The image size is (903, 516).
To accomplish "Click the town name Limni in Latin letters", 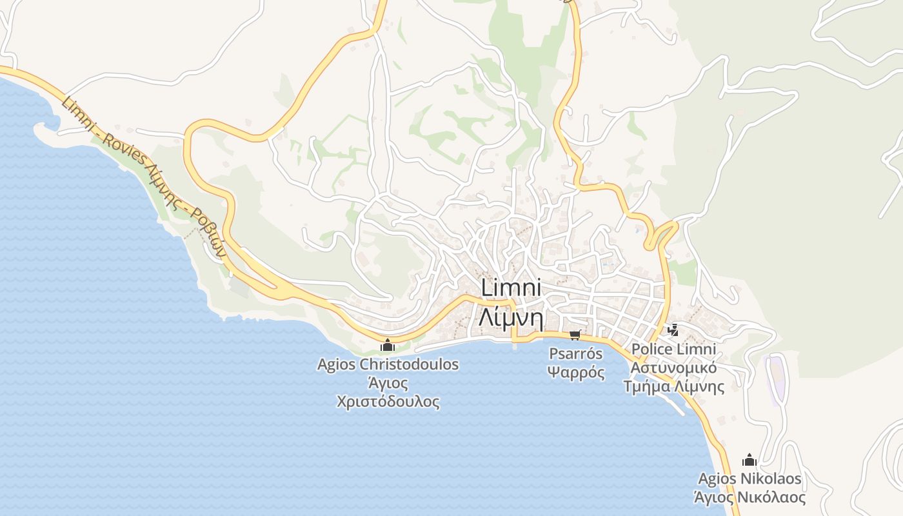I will [x=511, y=288].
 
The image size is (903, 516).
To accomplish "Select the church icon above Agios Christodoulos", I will [x=388, y=346].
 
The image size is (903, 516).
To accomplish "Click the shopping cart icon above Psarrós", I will [x=575, y=335].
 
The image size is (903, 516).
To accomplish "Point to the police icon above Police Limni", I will [x=673, y=331].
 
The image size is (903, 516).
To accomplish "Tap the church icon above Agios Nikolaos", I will [x=749, y=461].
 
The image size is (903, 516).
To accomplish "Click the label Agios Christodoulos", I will [x=388, y=364].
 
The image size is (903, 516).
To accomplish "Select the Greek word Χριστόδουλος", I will [x=388, y=401].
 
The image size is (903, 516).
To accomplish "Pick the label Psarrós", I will [x=575, y=353].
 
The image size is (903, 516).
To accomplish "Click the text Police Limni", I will [x=673, y=350].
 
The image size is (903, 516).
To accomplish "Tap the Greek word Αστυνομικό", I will [x=673, y=368].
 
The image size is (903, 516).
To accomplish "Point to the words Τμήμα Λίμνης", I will [x=673, y=387].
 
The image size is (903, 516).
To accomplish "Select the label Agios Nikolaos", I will [x=749, y=479].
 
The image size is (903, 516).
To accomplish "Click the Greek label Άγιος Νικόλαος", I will [x=749, y=498].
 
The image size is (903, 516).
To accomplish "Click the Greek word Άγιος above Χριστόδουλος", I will [x=388, y=383].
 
